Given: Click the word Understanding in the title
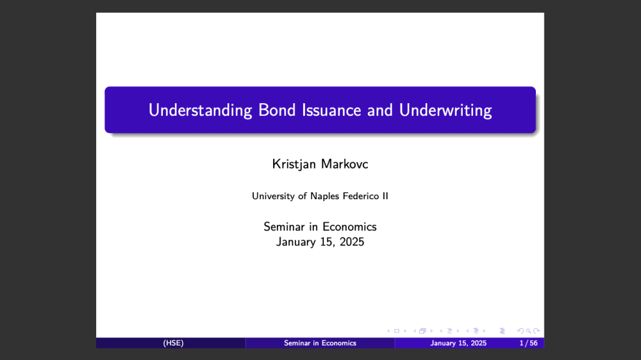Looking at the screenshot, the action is click(x=200, y=111).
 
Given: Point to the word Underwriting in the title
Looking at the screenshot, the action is click(x=445, y=111).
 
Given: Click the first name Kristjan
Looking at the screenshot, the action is click(x=294, y=164).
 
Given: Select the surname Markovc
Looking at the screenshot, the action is click(x=345, y=164).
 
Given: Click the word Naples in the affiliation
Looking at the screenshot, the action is click(x=324, y=197).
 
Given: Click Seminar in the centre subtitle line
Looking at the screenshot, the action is click(x=285, y=227).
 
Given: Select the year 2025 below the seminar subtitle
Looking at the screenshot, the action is click(x=351, y=242).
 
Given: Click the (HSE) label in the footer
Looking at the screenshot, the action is click(x=173, y=343).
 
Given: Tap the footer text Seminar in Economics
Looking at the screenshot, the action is click(x=320, y=343).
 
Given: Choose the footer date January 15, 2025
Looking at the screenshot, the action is click(x=458, y=343).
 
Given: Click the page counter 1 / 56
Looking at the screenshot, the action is click(x=529, y=343).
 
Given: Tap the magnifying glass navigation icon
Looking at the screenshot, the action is click(x=529, y=331).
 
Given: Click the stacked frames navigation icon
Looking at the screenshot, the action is click(x=422, y=331).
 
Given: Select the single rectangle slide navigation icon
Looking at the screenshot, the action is click(x=397, y=331).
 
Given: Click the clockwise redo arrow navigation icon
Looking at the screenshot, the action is click(x=537, y=331).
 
